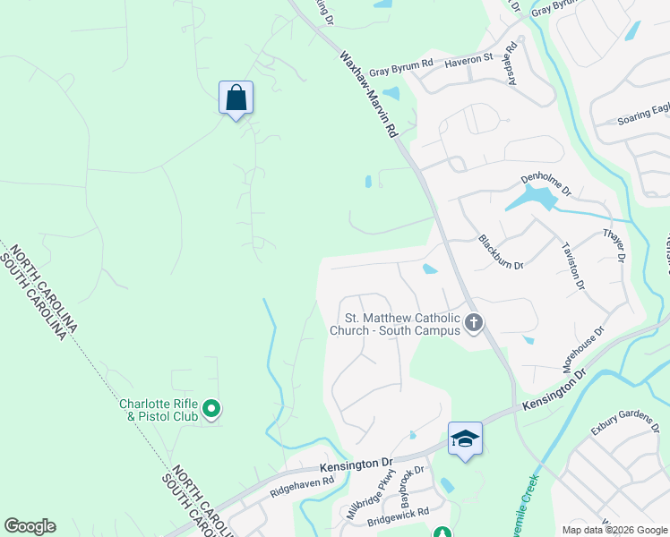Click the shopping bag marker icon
point(236,98)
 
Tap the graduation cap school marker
point(465,439)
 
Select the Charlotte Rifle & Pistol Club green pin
point(211,410)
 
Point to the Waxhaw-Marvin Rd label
point(367,93)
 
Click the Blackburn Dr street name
point(501,252)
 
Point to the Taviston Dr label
point(572,266)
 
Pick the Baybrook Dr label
point(416,482)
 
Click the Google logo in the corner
point(30,526)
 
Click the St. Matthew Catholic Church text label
point(402,324)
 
